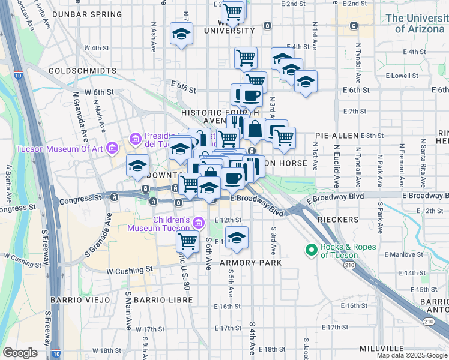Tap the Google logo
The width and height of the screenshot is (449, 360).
(x=20, y=353)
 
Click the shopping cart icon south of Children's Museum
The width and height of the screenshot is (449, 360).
(x=187, y=242)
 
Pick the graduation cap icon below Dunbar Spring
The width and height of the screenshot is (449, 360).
(x=181, y=34)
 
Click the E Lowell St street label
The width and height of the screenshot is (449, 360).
(x=402, y=76)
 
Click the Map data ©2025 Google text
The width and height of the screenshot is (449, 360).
(x=411, y=355)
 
